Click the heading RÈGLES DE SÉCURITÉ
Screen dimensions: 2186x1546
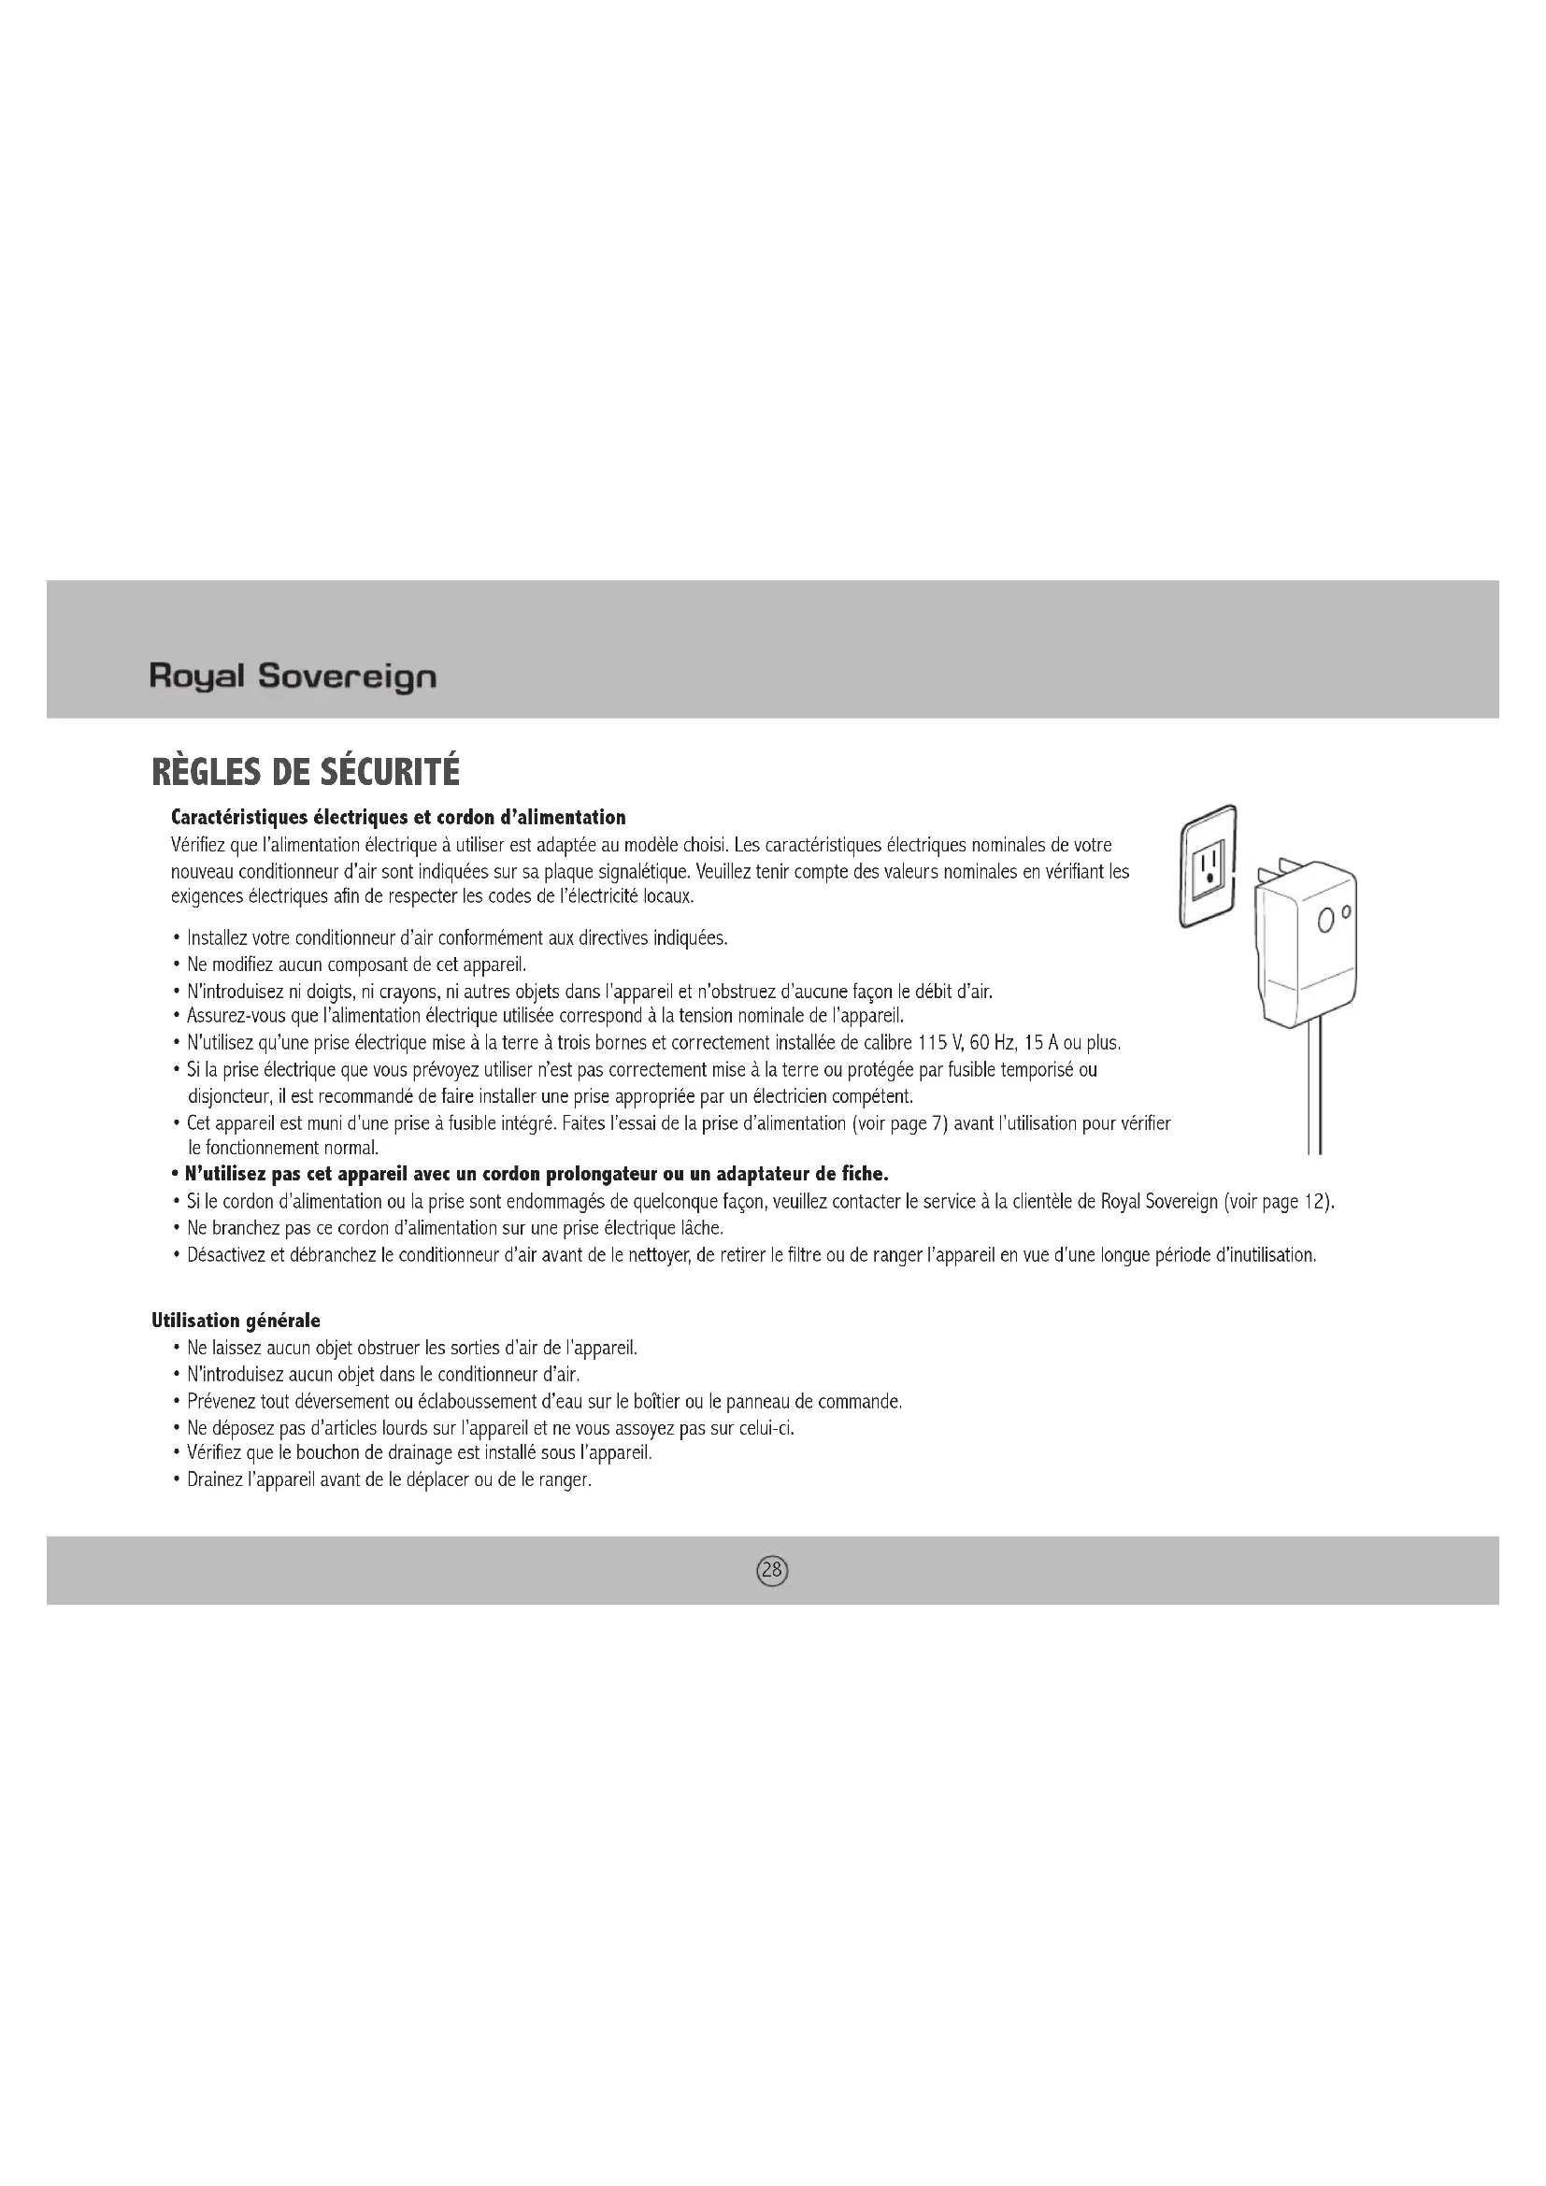pos(306,771)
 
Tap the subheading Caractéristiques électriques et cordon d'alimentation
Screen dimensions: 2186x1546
pos(398,818)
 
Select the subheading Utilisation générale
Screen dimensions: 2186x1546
pos(236,1321)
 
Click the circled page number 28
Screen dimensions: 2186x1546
pos(772,1570)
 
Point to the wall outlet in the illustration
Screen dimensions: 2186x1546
pos(1208,866)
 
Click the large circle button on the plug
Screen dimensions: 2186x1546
pos(1327,921)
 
